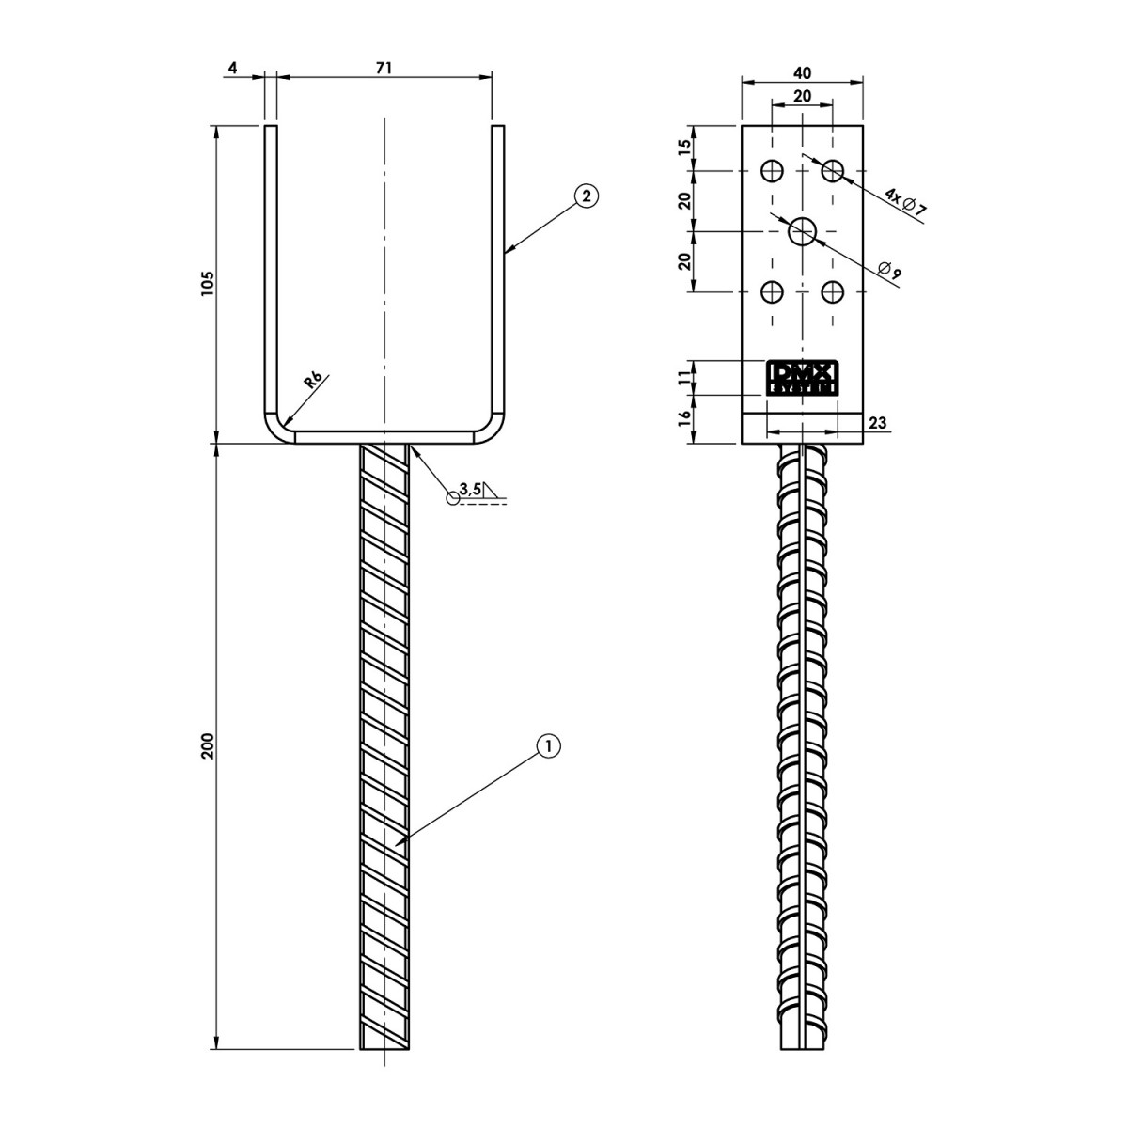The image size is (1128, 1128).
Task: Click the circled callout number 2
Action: (587, 196)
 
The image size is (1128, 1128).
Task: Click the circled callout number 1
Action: (548, 745)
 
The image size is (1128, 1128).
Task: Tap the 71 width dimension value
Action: (383, 68)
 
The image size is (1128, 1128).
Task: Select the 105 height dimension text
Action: (209, 284)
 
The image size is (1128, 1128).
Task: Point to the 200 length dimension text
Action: (209, 745)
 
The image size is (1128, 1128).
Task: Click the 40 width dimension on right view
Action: (802, 72)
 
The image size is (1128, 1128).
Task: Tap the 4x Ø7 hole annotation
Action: (905, 203)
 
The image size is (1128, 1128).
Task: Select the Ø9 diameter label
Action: (890, 271)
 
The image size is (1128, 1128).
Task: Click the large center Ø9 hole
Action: (802, 231)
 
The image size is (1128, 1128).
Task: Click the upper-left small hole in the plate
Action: (772, 171)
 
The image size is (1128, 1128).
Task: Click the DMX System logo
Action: (802, 378)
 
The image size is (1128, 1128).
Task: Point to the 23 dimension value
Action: (878, 422)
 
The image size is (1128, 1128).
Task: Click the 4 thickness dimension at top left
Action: (232, 68)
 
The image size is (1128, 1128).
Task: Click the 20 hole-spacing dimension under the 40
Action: (802, 96)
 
